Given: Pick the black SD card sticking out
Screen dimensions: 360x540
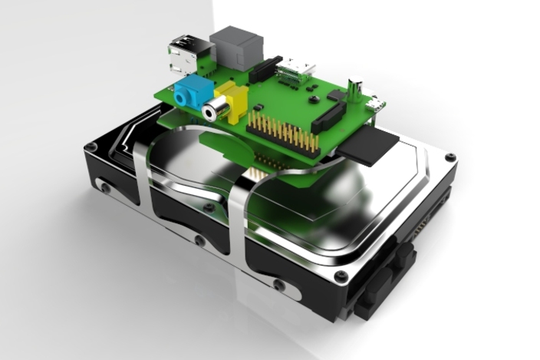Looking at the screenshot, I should click(x=373, y=147).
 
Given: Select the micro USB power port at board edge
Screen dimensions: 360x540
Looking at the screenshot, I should click(x=375, y=104).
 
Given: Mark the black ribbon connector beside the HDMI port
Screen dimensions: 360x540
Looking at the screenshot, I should click(x=265, y=69).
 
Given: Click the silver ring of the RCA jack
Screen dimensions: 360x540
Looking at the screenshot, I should click(x=211, y=112).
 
